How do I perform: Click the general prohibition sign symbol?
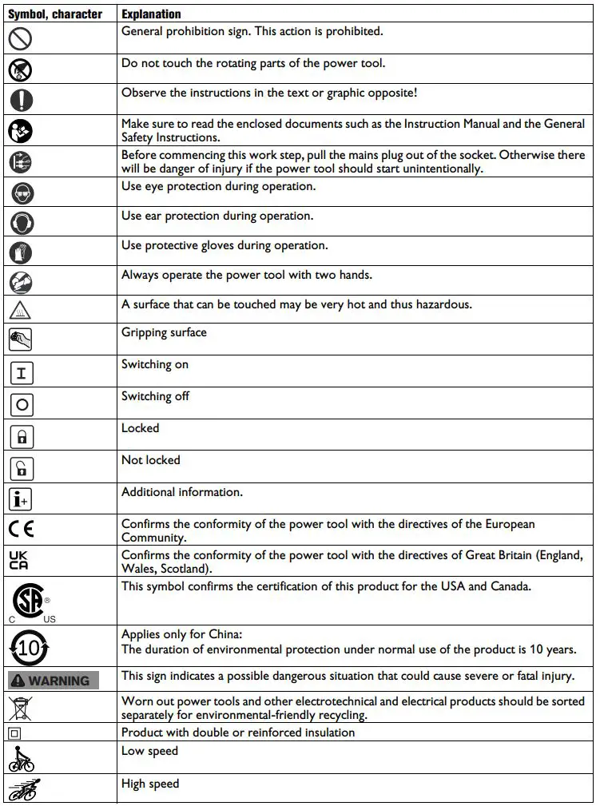[x=22, y=39]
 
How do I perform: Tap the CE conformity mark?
[x=22, y=529]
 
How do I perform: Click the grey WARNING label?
[x=53, y=680]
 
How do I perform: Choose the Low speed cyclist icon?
[x=22, y=757]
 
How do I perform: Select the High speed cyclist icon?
[x=23, y=788]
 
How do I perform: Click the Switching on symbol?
[x=22, y=372]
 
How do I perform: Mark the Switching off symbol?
[x=22, y=404]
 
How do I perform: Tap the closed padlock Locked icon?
[x=22, y=436]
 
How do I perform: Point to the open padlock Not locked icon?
[x=22, y=468]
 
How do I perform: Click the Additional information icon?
[x=22, y=500]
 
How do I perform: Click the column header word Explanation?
[x=151, y=14]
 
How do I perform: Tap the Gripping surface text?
[x=164, y=332]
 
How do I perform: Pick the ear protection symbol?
[x=22, y=222]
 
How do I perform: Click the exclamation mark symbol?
[x=22, y=99]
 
